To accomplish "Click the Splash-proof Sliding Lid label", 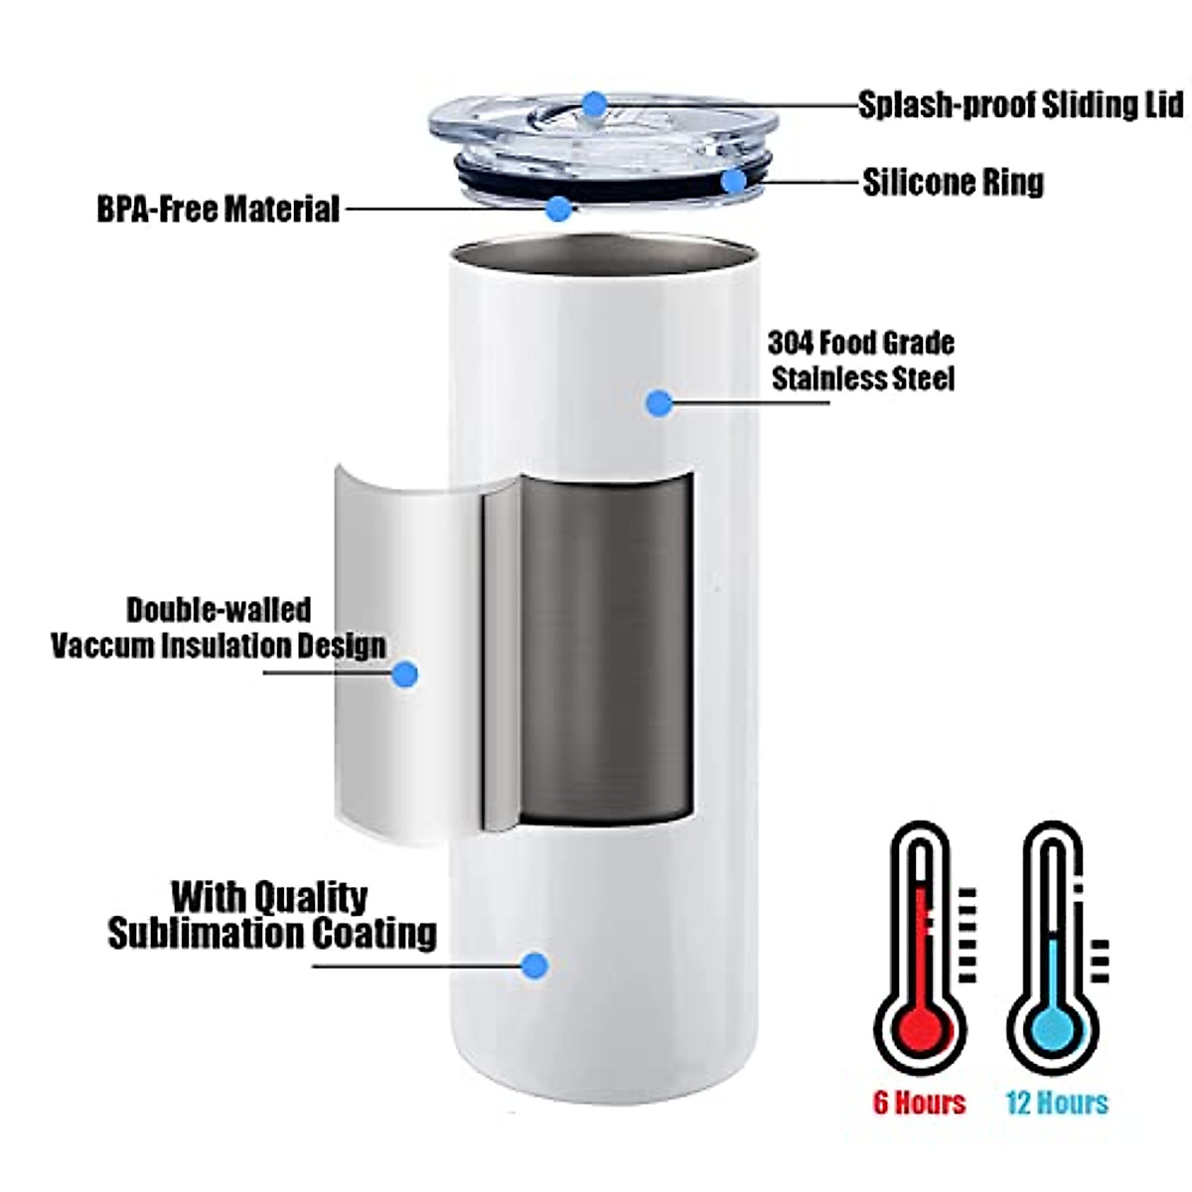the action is tap(1020, 104).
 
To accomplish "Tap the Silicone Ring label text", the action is tap(953, 182).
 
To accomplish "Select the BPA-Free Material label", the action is tap(218, 210).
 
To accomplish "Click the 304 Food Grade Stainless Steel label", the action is tap(861, 361).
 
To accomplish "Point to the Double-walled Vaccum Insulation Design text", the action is tap(219, 628).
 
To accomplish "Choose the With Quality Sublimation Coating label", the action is tap(271, 915).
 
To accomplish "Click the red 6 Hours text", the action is tap(919, 1103).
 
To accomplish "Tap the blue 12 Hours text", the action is tap(1056, 1103).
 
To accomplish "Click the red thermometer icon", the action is tap(920, 954).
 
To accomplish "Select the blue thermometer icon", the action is tap(1053, 954).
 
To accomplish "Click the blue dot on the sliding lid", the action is tap(594, 103).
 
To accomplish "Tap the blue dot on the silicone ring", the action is tap(733, 182).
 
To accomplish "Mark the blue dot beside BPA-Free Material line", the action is tap(560, 209).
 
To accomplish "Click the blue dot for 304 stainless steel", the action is tap(659, 403).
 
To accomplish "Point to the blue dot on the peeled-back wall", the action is tap(404, 675).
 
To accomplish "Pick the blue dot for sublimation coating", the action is tap(535, 965).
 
